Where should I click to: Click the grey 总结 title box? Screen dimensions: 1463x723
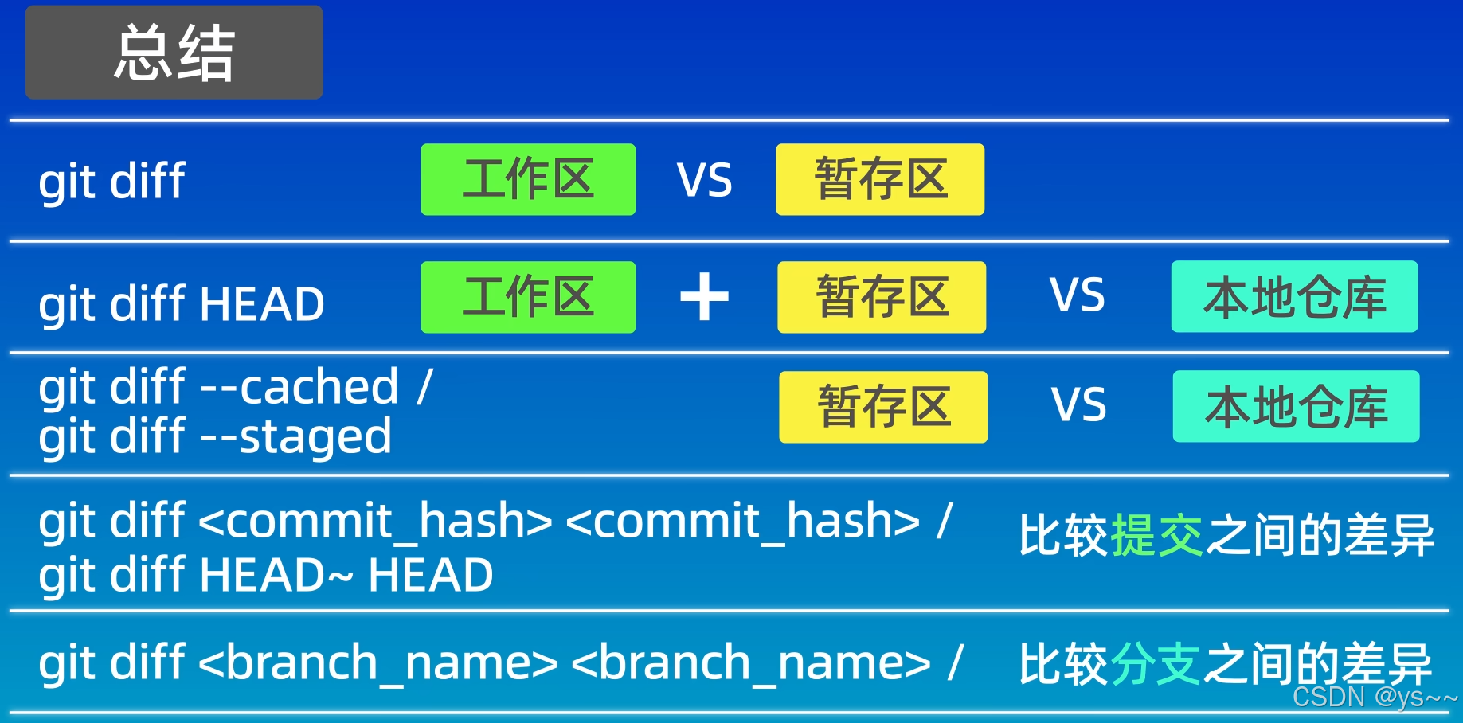click(174, 53)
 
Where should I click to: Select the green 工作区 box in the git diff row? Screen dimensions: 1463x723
click(528, 179)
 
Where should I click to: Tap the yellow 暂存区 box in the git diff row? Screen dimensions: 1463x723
click(880, 179)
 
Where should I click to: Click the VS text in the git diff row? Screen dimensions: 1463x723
click(704, 180)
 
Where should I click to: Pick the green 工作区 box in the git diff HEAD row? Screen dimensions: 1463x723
click(528, 297)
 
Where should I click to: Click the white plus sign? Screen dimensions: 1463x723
click(704, 297)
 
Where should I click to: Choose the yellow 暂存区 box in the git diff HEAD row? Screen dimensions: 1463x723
click(882, 297)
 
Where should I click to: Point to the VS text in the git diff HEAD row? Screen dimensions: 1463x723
click(1077, 295)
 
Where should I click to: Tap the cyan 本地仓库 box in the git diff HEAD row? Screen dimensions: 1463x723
click(1294, 296)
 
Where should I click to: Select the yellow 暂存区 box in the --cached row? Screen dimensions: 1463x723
click(883, 407)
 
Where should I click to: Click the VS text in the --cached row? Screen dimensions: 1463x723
click(1078, 405)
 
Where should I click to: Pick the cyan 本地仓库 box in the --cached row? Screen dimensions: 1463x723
click(1296, 406)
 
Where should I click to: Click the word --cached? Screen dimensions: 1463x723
click(299, 387)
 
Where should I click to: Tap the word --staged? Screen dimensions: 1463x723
click(295, 437)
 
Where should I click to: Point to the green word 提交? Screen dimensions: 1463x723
click(1156, 535)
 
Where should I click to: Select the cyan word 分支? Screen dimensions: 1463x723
click(1155, 664)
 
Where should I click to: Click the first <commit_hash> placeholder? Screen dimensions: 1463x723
click(375, 522)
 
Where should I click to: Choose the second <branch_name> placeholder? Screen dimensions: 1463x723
click(751, 663)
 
